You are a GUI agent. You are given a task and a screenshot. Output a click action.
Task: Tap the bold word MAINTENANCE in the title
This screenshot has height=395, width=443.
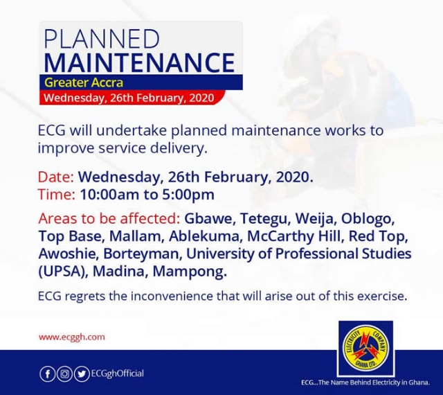(140, 62)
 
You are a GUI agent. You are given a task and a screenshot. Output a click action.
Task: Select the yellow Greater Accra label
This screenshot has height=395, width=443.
(84, 82)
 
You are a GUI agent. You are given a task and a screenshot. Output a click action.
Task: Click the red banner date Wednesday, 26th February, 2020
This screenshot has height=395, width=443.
(129, 98)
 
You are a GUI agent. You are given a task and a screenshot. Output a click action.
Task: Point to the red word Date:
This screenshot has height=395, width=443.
(56, 177)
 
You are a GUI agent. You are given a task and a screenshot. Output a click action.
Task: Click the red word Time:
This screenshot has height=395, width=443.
(57, 195)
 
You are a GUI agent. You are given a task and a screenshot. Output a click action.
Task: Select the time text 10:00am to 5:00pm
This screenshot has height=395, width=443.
(147, 195)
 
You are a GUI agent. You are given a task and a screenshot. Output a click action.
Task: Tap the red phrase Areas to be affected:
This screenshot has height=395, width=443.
(109, 218)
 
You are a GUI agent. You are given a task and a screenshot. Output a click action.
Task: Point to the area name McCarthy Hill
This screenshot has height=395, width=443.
(295, 236)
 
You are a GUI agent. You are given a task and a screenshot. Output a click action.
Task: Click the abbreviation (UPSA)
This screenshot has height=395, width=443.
(63, 272)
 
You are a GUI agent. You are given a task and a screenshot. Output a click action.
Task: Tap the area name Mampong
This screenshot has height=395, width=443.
(190, 272)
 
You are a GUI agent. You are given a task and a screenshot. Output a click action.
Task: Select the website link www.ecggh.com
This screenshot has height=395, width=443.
(72, 337)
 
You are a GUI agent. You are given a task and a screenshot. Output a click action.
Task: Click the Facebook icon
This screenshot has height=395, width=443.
(48, 374)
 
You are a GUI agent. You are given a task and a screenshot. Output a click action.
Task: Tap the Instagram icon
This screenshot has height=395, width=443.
(64, 374)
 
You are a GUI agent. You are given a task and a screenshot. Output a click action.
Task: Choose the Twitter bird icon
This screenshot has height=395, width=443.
(82, 374)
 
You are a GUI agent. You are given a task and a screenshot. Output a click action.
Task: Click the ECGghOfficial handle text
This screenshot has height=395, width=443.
(117, 374)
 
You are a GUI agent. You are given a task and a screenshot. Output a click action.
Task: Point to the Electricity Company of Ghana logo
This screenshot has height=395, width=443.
(366, 349)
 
